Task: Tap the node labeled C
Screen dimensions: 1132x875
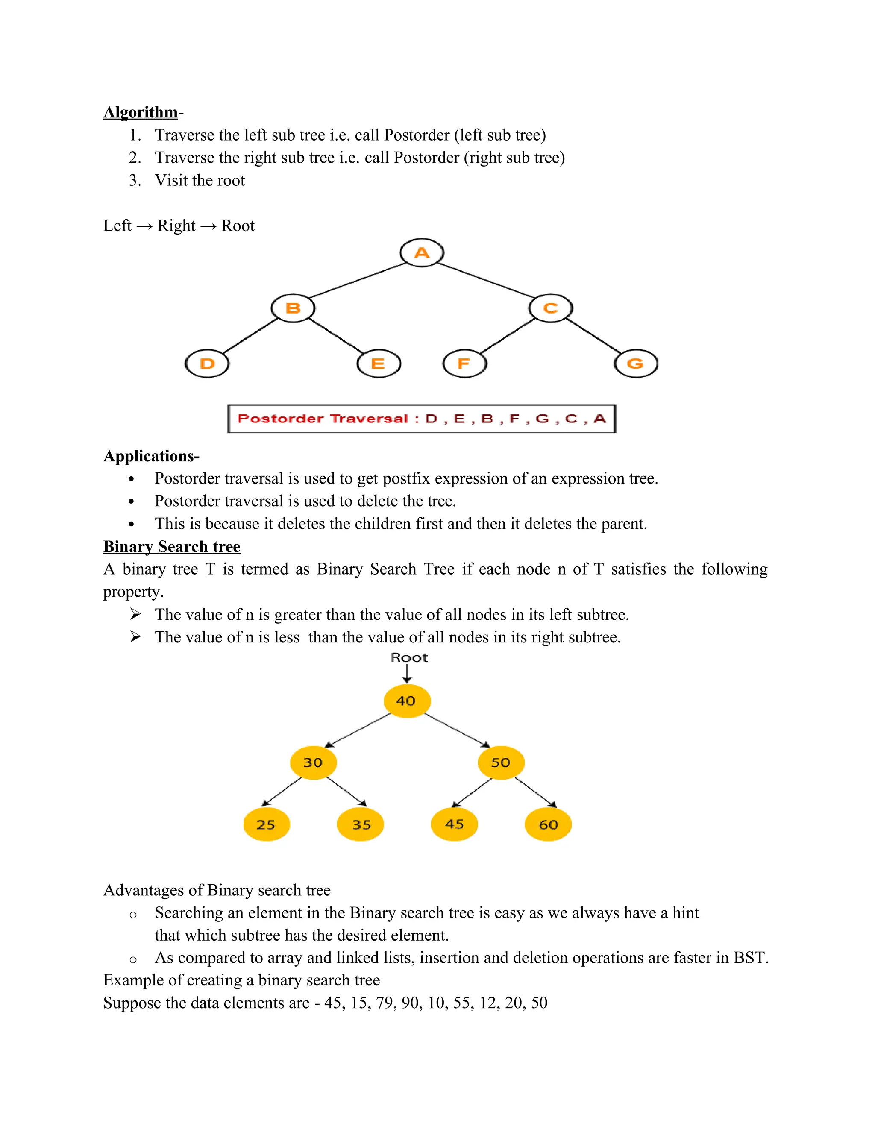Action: click(550, 308)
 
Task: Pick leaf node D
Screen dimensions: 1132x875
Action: click(207, 364)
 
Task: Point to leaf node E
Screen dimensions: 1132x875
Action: click(379, 364)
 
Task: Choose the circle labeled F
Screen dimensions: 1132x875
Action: click(464, 364)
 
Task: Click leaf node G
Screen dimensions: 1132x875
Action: click(636, 364)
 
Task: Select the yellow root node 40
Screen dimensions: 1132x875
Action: click(407, 701)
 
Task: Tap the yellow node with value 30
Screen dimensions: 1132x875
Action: click(313, 762)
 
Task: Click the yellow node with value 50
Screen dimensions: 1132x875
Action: click(501, 762)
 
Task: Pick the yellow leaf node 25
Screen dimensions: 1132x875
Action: click(267, 824)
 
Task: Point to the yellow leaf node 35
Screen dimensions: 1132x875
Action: click(360, 824)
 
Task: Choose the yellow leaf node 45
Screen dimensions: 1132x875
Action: click(454, 824)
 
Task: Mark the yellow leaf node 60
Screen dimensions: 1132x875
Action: click(548, 824)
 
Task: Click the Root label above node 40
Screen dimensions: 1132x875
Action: click(409, 658)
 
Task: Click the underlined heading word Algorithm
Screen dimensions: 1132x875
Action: click(141, 112)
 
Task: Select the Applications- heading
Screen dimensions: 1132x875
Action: click(151, 456)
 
